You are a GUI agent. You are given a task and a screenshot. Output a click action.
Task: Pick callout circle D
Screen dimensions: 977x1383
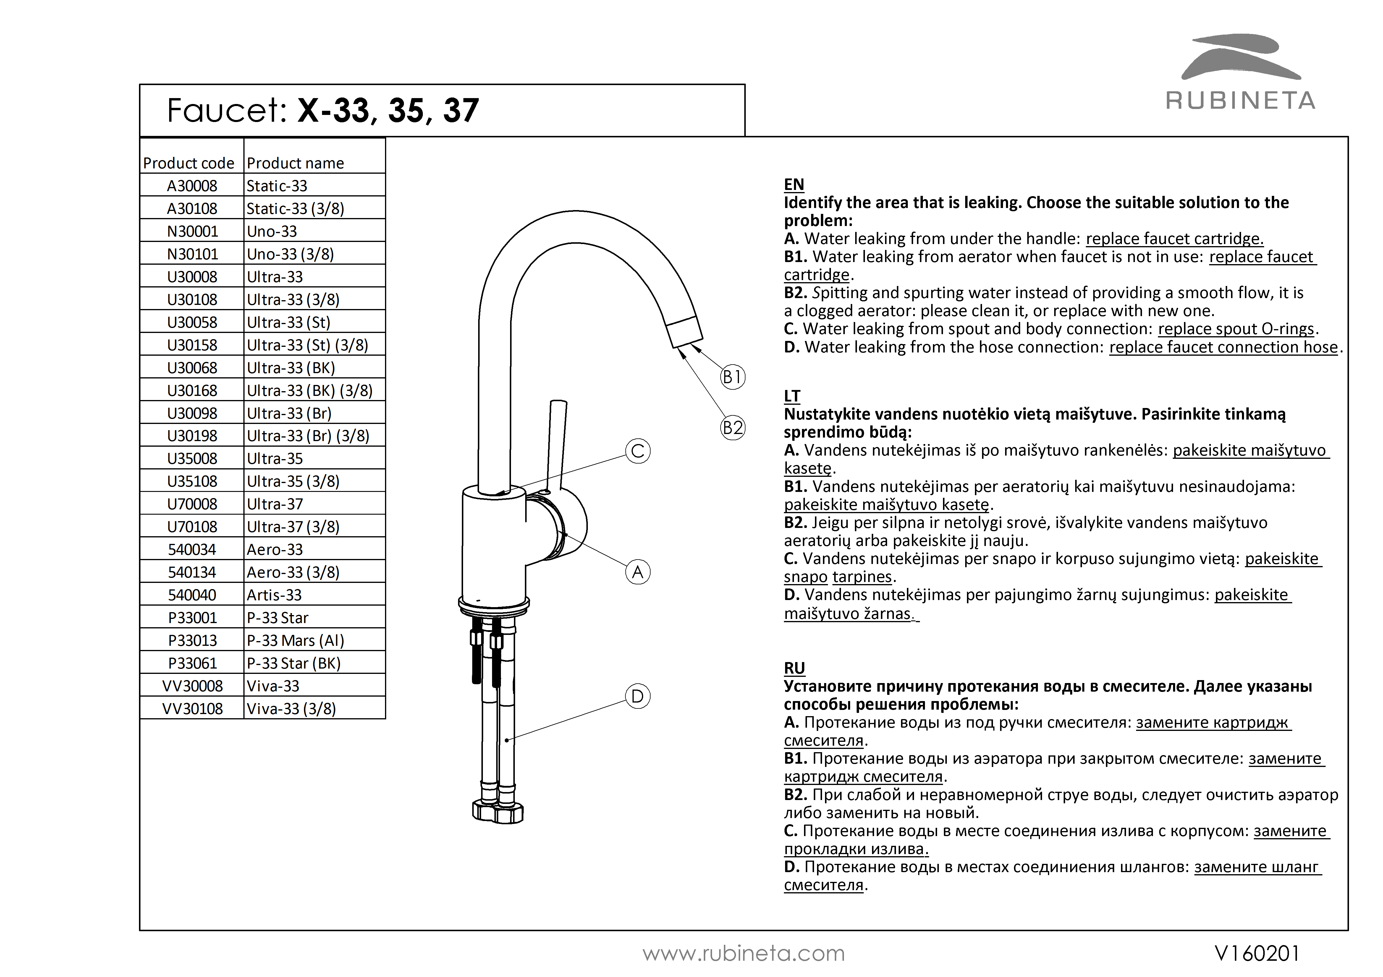coord(638,696)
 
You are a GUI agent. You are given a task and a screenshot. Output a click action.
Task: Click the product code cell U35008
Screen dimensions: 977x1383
coord(192,459)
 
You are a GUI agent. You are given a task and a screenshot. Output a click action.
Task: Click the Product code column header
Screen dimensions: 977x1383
coord(189,163)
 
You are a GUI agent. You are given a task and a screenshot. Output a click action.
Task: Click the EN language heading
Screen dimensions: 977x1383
coord(794,184)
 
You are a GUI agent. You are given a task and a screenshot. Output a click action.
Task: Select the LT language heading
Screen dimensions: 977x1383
coord(792,396)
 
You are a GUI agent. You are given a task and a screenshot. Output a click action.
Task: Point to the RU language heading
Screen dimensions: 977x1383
coord(794,668)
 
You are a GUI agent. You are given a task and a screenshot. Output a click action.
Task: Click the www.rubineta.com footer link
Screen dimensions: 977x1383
coord(743,954)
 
